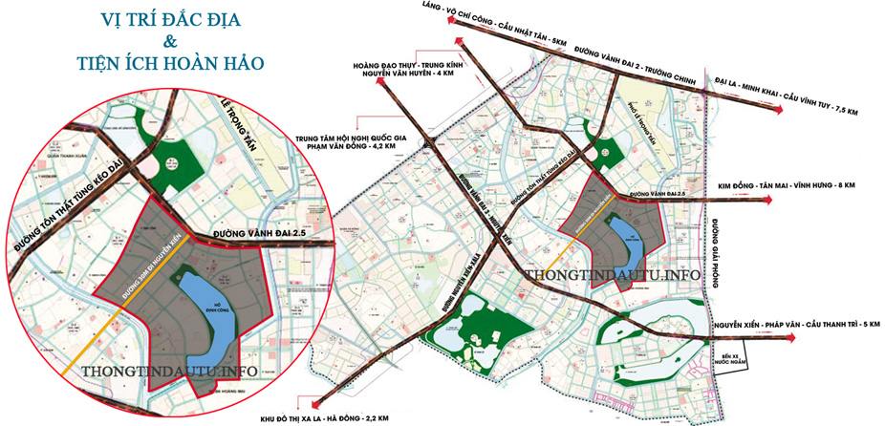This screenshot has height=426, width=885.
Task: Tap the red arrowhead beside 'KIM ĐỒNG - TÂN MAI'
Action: (x=767, y=200)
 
